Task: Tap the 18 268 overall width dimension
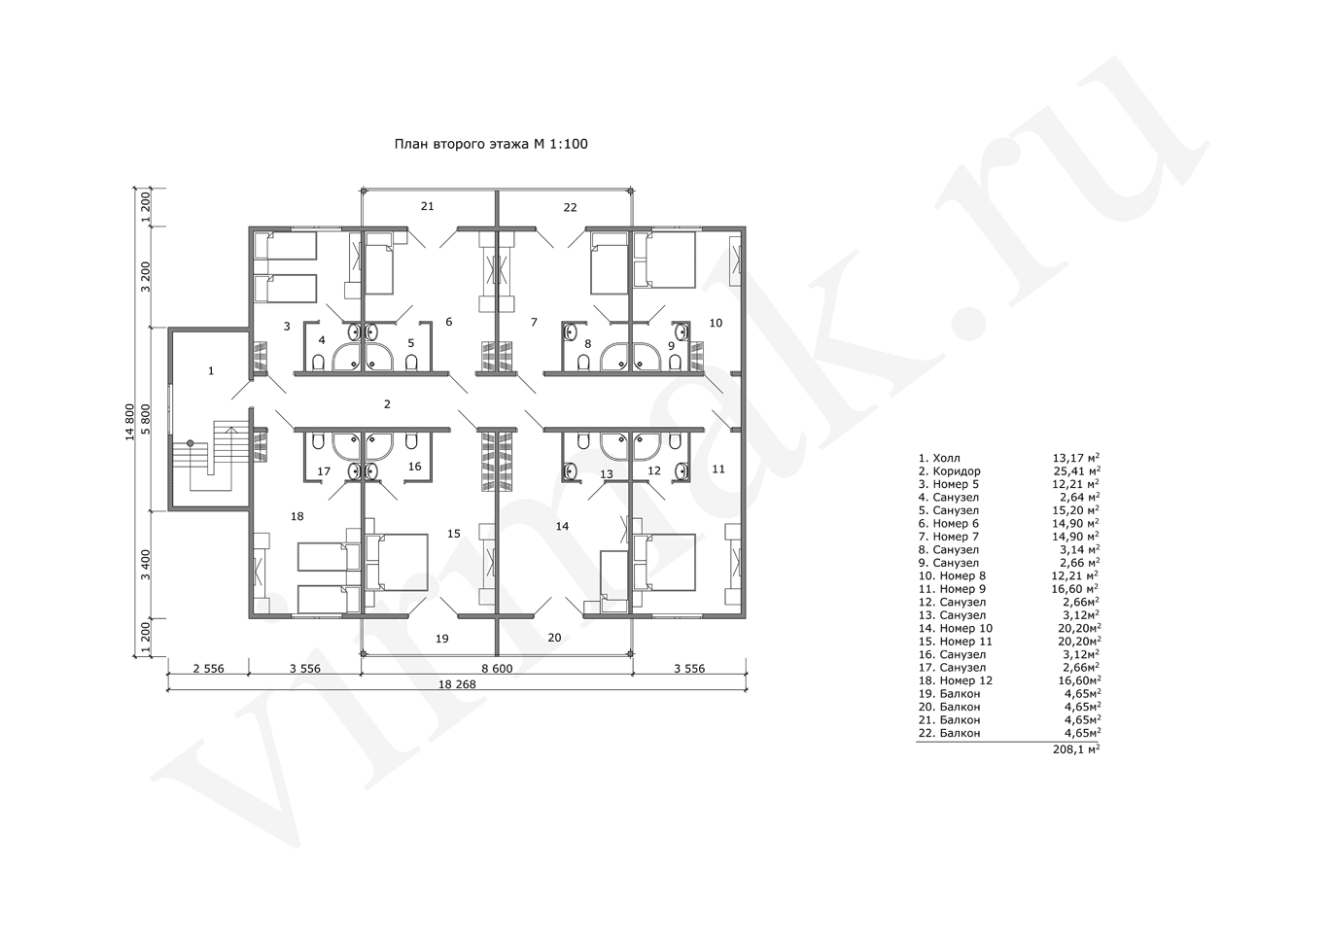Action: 457,684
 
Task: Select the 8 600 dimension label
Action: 497,669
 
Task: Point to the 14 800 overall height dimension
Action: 130,422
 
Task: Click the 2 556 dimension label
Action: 209,669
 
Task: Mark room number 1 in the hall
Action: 211,371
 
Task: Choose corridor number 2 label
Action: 387,404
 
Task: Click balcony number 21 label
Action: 428,206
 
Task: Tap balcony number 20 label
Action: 554,638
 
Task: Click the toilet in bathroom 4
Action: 318,362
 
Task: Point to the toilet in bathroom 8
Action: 584,362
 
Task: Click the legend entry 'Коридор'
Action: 957,471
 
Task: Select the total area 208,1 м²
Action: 1076,749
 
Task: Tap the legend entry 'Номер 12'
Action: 965,680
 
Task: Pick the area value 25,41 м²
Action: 1076,471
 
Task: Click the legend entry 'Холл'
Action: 946,458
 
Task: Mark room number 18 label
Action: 297,516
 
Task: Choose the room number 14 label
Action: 562,526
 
